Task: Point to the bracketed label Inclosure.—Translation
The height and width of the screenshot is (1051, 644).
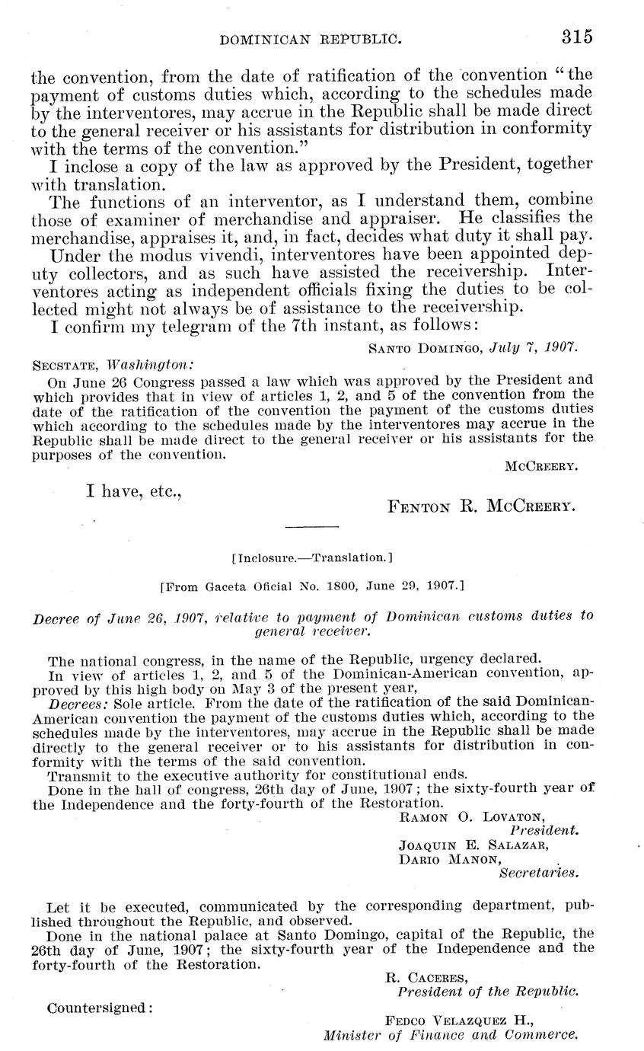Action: click(x=311, y=558)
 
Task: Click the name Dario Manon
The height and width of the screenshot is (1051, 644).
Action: click(x=449, y=860)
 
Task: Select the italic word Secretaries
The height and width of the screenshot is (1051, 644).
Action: click(x=538, y=874)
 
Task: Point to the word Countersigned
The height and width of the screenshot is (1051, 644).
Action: click(x=100, y=1008)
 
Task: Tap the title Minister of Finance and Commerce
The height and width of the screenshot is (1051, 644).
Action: click(x=451, y=1036)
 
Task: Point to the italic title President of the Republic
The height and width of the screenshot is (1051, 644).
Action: click(x=488, y=992)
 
